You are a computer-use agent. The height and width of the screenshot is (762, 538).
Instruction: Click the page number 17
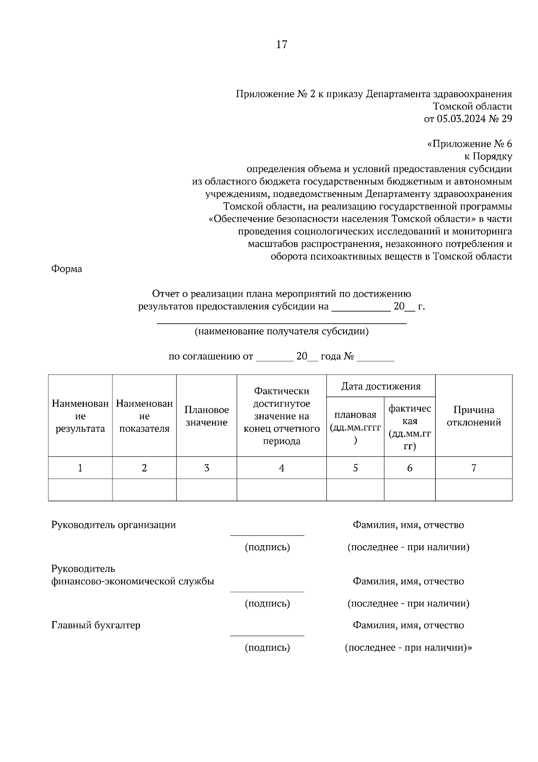282,44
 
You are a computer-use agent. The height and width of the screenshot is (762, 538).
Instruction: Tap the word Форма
67,269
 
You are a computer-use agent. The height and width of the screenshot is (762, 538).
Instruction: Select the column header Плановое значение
207,416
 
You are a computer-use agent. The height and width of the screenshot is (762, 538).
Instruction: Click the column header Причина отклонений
473,416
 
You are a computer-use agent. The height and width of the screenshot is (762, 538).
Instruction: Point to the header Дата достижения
381,386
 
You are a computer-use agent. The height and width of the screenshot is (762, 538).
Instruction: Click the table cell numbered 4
282,468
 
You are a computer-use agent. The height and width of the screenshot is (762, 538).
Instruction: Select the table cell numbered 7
473,468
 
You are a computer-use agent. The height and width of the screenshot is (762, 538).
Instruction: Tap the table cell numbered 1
80,468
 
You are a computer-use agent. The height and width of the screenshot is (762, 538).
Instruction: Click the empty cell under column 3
207,490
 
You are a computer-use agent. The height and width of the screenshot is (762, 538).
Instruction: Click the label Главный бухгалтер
96,625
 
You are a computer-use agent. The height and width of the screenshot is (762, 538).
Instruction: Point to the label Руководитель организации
113,525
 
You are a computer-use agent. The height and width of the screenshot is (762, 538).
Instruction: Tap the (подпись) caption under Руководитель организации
267,547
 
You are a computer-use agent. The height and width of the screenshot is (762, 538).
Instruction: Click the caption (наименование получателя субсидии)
282,332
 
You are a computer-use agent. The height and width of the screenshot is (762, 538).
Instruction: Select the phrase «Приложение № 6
469,144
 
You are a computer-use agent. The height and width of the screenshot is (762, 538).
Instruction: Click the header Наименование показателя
144,416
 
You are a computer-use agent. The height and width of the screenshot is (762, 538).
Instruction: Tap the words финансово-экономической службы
133,582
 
